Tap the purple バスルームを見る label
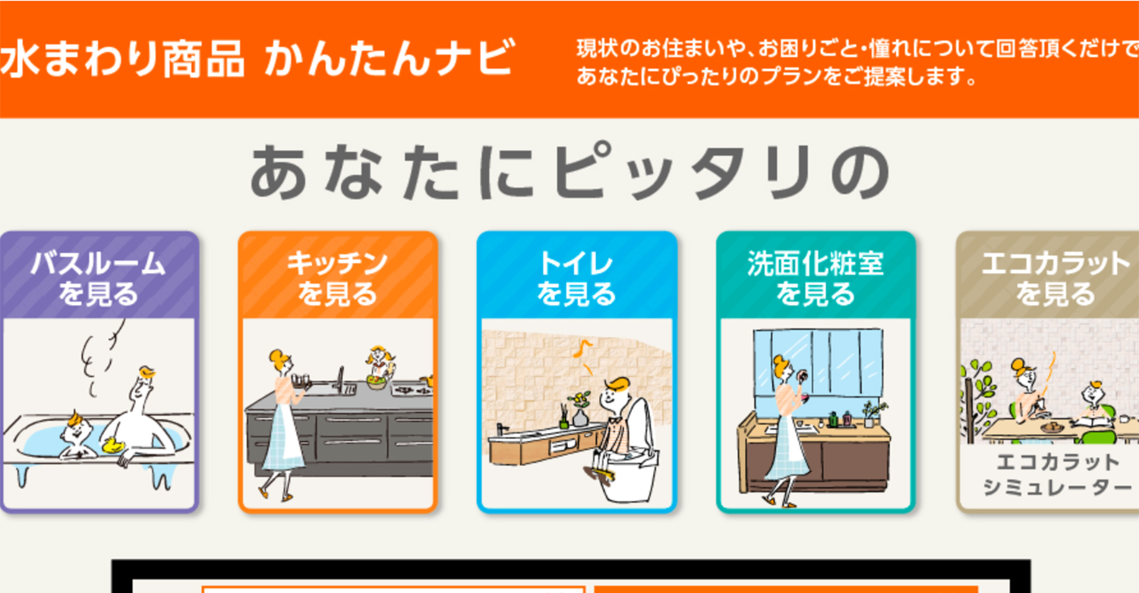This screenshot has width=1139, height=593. (x=98, y=278)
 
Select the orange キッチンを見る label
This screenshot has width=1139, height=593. (x=337, y=278)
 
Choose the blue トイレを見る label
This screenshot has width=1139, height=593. (x=576, y=278)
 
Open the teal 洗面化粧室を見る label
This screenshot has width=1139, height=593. (x=816, y=278)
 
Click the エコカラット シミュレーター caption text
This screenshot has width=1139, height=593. (x=1058, y=475)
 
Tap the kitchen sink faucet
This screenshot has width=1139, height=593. (x=341, y=379)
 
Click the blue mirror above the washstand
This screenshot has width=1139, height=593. (x=818, y=361)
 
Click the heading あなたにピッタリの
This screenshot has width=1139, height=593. (x=569, y=172)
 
